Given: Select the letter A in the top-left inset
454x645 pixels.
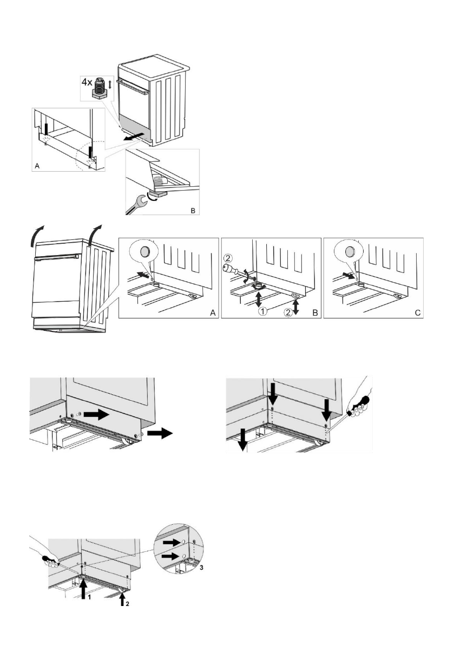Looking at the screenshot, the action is [x=36, y=166].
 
